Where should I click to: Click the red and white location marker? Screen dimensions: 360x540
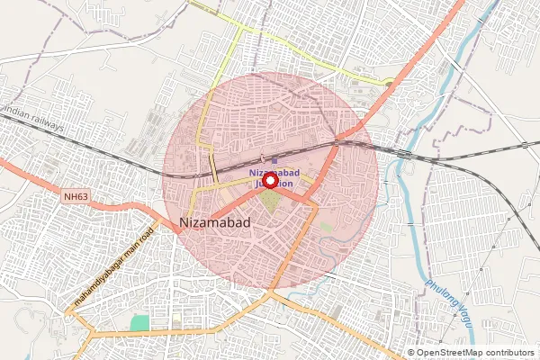269,180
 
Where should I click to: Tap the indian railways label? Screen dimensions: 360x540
34,122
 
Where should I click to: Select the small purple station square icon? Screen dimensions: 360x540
274,160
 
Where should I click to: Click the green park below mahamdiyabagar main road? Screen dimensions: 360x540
139,322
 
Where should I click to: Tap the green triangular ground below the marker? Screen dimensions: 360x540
271,204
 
